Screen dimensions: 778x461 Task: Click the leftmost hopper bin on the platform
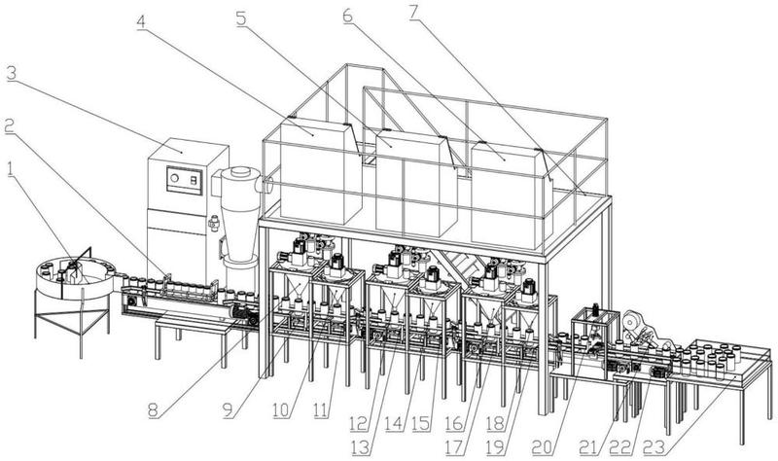tap(313, 170)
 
